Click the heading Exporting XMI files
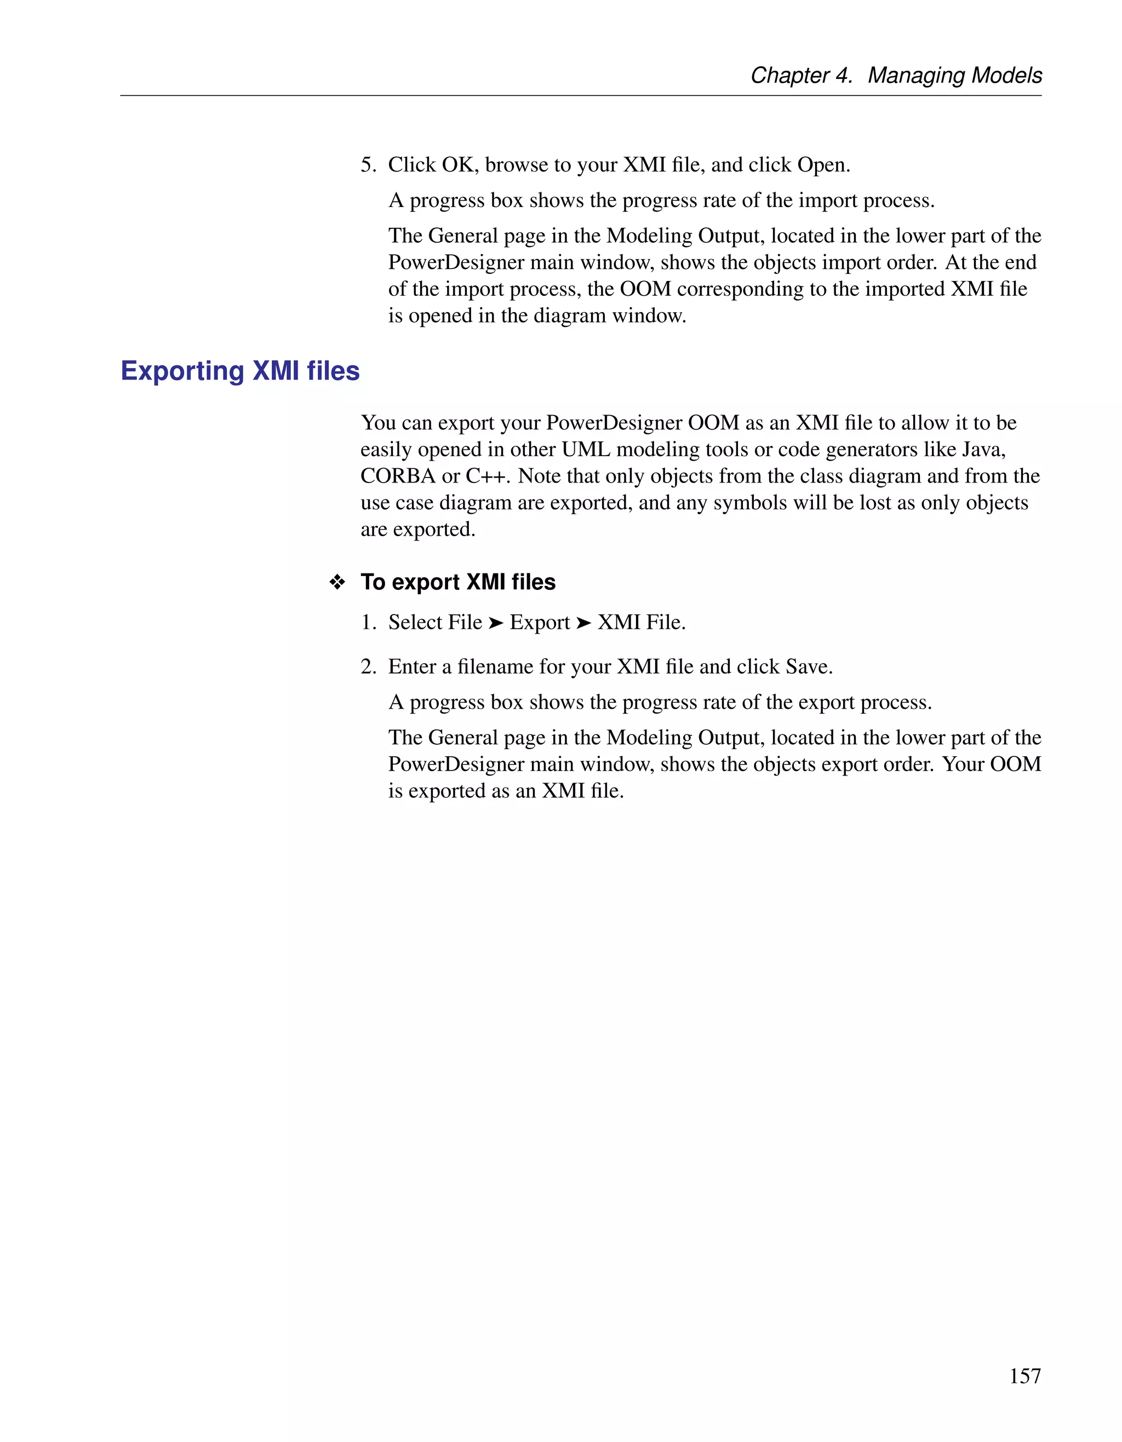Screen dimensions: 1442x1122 (240, 371)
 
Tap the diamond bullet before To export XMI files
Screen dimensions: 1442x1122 (337, 582)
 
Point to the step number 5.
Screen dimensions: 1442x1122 (368, 164)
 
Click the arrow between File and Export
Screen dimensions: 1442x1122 (495, 623)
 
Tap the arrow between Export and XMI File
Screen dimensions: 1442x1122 (583, 623)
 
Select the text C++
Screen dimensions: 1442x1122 (488, 476)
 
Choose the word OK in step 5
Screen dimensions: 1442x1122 (457, 164)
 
